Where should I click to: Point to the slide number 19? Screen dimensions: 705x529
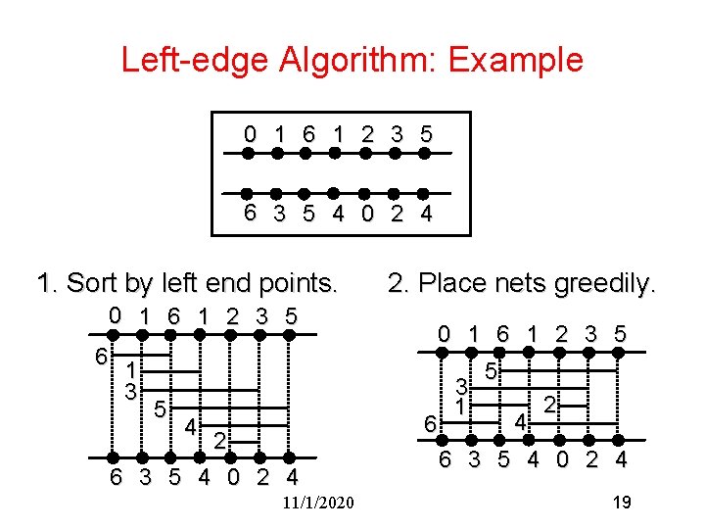[620, 503]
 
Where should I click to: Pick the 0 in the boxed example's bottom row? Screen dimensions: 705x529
[365, 215]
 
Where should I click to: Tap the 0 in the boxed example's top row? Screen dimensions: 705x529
[251, 133]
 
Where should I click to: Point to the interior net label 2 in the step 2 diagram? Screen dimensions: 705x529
[550, 404]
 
